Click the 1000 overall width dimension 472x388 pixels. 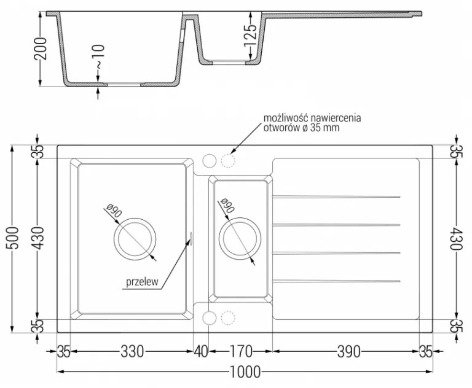(245, 372)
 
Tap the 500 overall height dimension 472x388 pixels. (13, 238)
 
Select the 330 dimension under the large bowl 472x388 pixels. (132, 351)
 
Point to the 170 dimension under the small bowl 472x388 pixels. (241, 351)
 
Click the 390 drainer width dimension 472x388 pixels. (348, 351)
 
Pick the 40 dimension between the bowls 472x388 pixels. (200, 351)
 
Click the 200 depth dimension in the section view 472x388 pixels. (41, 49)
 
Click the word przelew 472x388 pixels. (142, 282)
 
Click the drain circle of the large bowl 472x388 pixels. (135, 239)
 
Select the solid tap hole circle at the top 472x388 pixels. (210, 161)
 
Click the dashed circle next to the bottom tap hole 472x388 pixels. (228, 318)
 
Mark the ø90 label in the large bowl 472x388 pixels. (114, 211)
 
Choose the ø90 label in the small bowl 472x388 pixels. (227, 206)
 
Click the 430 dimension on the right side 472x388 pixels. (456, 239)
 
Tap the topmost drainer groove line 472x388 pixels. (336, 197)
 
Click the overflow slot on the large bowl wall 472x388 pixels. (191, 237)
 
